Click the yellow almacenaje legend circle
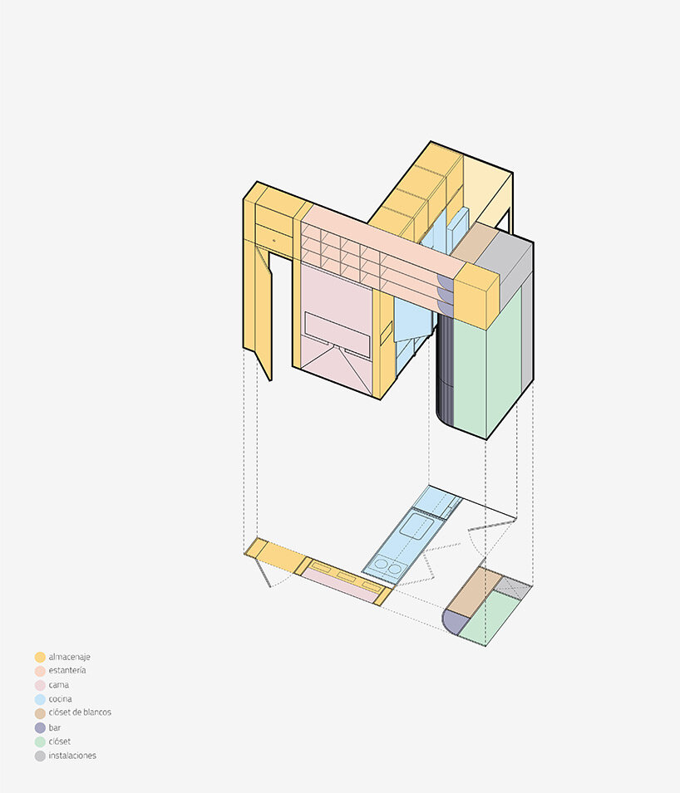pos(40,657)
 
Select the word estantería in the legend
pos(67,670)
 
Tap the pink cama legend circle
pos(40,685)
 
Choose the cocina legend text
pos(60,699)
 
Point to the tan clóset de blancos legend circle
pos(40,713)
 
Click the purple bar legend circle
pos(40,727)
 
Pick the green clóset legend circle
pos(40,742)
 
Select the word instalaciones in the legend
pos(72,756)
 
